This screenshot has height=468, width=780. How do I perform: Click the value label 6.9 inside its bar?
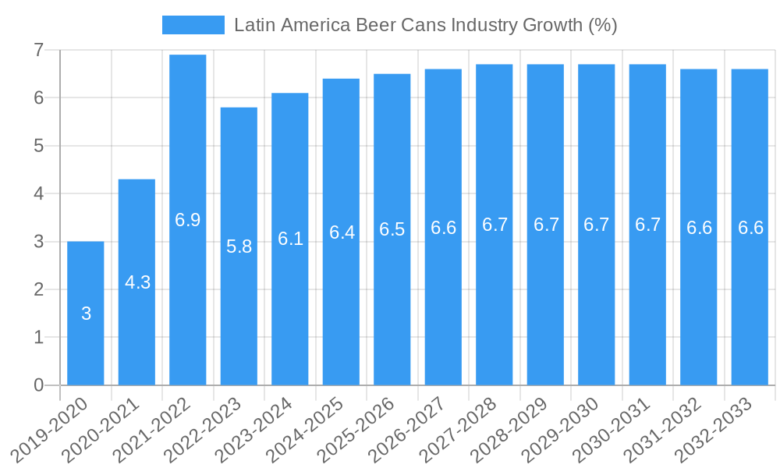click(188, 220)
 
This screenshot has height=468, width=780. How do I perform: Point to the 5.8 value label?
click(239, 246)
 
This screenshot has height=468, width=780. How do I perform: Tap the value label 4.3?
click(137, 282)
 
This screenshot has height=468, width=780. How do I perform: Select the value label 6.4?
click(342, 232)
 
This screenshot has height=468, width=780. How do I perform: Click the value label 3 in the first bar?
click(86, 314)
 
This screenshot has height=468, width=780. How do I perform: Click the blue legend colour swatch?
click(193, 25)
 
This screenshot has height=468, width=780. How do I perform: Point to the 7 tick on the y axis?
click(38, 51)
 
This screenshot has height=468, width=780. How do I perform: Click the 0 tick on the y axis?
click(38, 385)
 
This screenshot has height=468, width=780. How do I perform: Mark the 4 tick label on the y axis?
click(38, 193)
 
